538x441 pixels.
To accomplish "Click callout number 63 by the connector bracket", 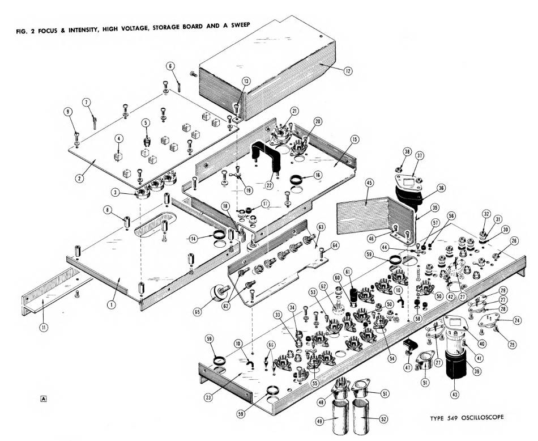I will [x=321, y=228].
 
